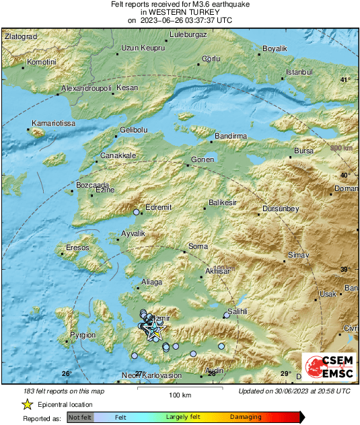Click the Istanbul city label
pos(300,72)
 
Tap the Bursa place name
pos(304,151)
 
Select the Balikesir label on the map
pos(222,202)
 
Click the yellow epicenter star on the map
pos(155,329)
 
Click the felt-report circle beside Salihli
pos(226,315)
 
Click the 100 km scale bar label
pos(180,394)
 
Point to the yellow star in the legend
pos(27,404)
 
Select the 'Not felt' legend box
pos(79,418)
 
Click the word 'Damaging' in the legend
pos(246,418)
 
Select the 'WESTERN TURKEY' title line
pos(180,12)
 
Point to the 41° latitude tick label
pos(345,80)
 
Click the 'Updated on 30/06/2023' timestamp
pos(294,391)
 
